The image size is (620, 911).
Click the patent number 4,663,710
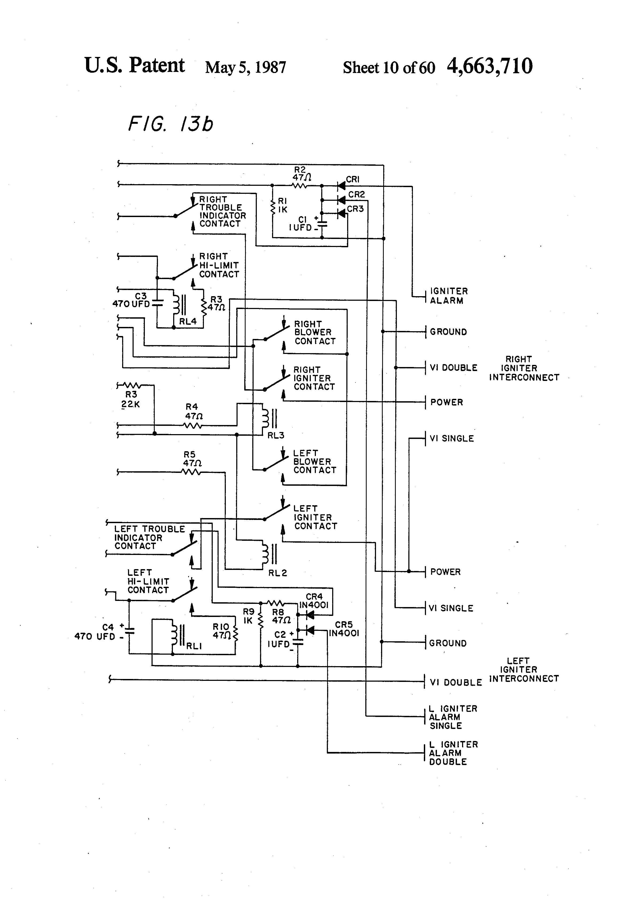click(x=490, y=66)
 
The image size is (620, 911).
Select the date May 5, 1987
click(x=245, y=67)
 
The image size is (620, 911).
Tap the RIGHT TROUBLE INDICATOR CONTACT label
click(x=222, y=212)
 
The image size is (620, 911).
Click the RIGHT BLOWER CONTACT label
click(x=315, y=333)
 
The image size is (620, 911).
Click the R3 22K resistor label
click(x=131, y=399)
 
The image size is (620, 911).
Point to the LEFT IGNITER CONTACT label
click(x=315, y=518)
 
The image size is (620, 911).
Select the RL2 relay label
click(x=277, y=573)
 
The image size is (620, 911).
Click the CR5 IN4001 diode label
click(x=344, y=629)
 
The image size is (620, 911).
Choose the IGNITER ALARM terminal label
click(x=448, y=296)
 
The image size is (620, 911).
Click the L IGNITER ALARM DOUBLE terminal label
click(x=453, y=753)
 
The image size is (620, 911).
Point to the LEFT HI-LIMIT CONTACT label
click(x=148, y=581)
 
